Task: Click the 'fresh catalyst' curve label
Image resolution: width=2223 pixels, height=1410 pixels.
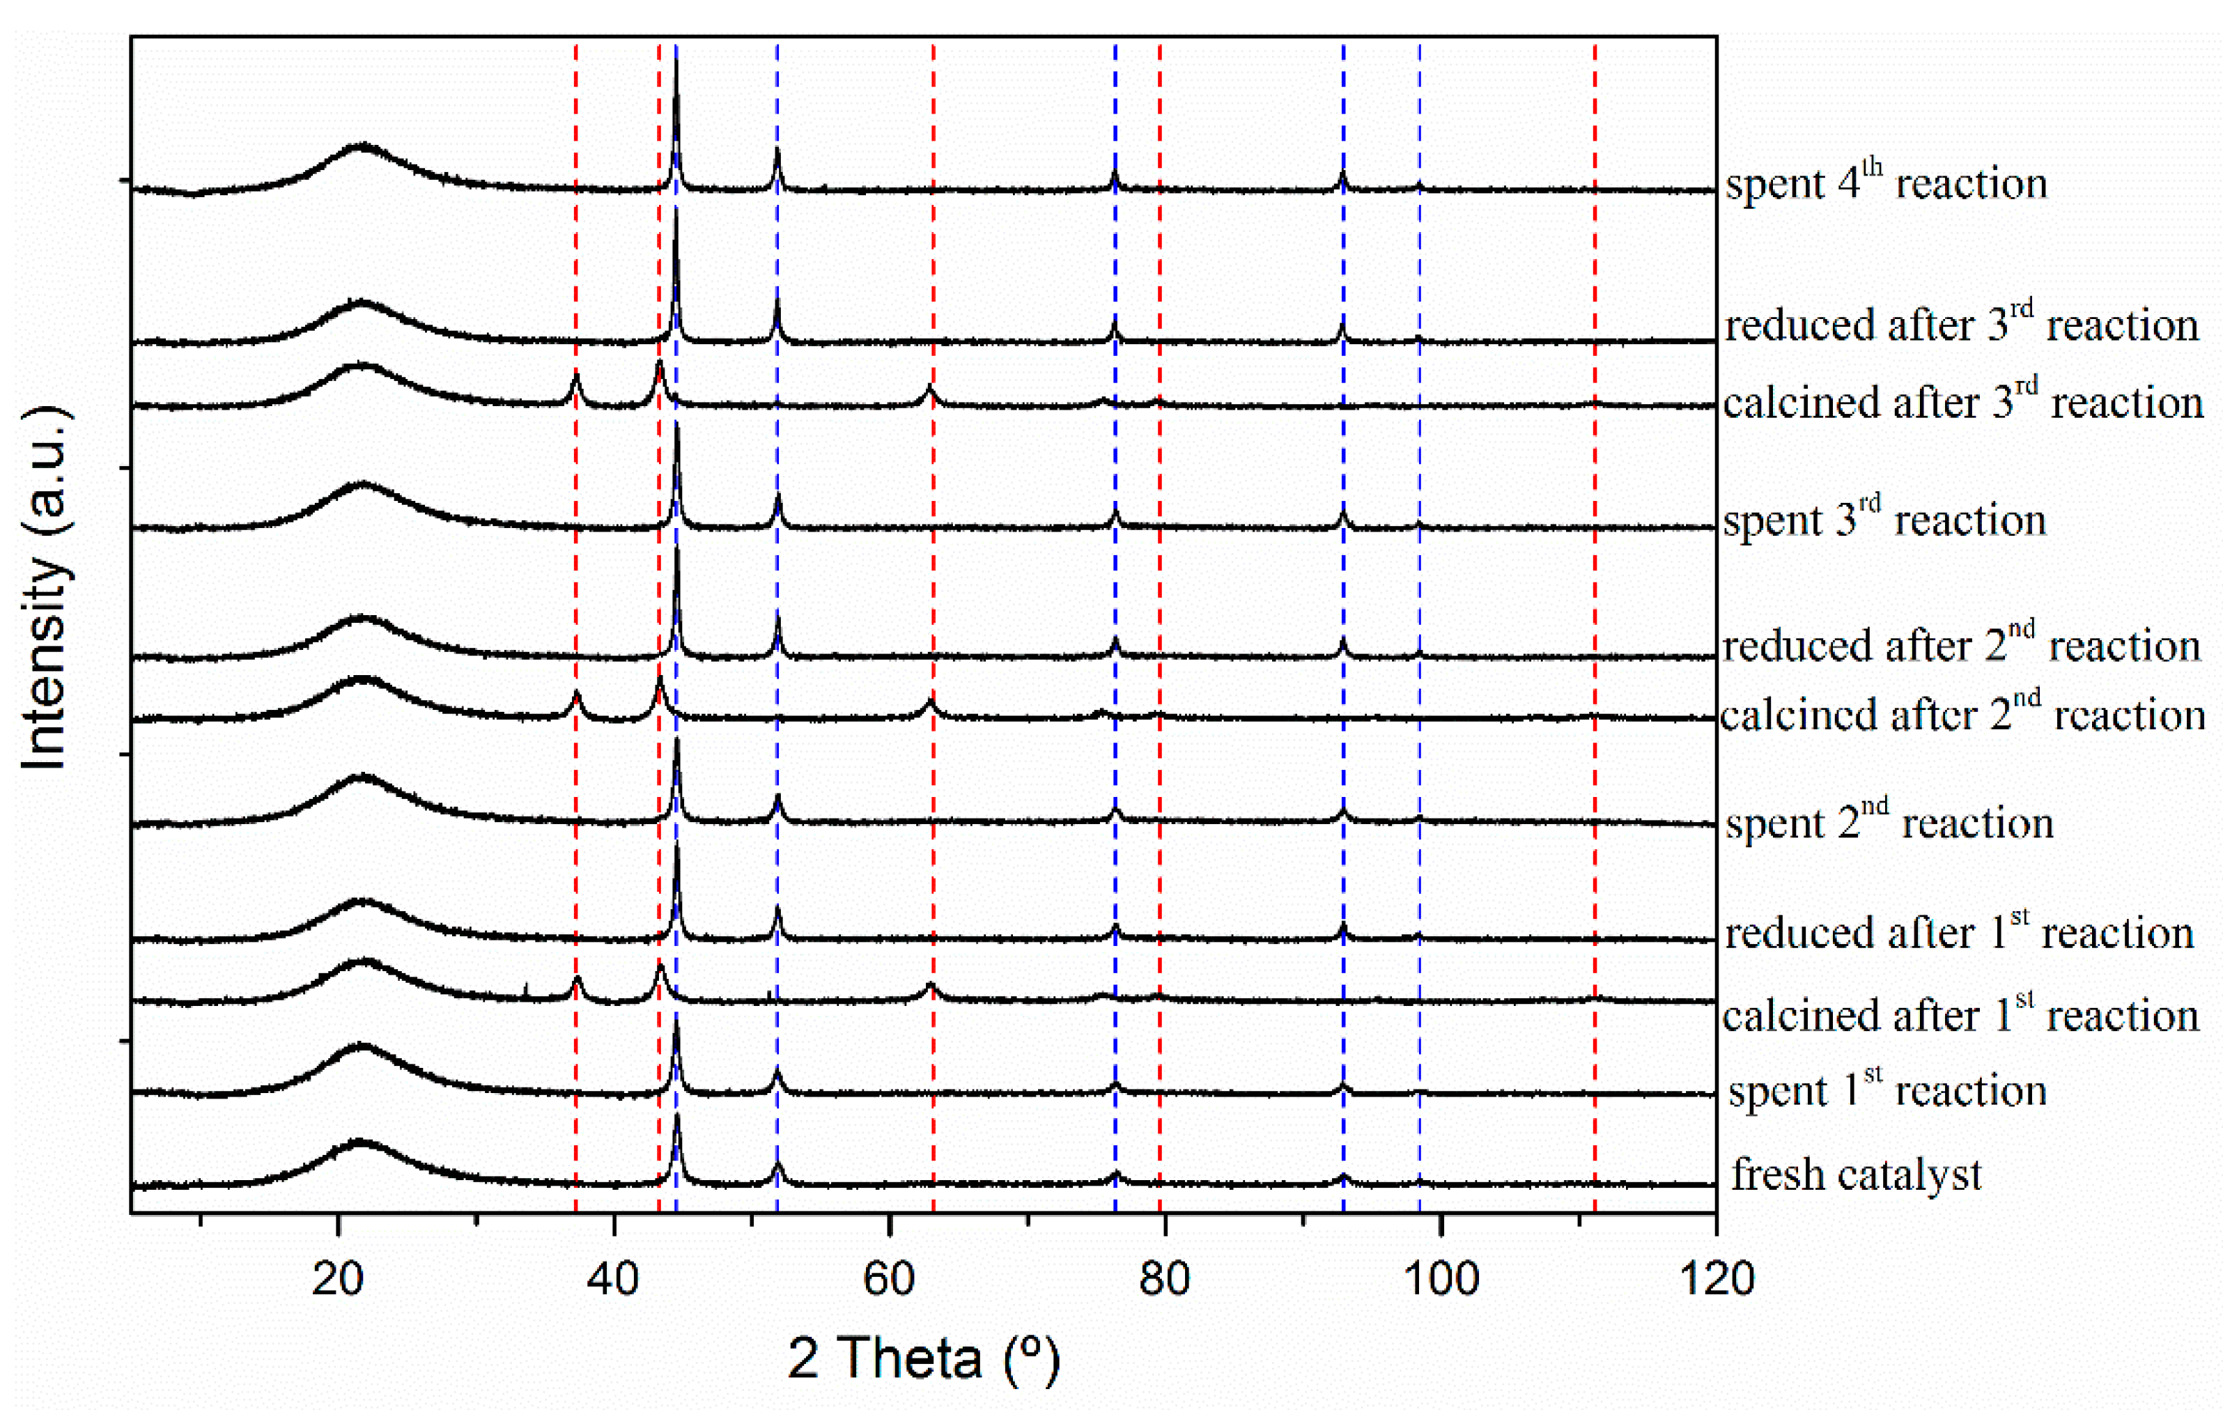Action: pyautogui.click(x=1857, y=1175)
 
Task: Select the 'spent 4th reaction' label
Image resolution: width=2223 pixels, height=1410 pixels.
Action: pyautogui.click(x=1886, y=183)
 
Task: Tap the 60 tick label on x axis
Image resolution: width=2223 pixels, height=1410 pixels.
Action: pyautogui.click(x=888, y=1279)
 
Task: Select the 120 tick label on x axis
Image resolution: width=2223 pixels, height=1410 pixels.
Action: pyautogui.click(x=1715, y=1279)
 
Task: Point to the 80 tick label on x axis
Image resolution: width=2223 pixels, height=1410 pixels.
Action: pyautogui.click(x=1163, y=1279)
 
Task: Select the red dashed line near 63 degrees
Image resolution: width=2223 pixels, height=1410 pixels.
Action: pyautogui.click(x=934, y=554)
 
